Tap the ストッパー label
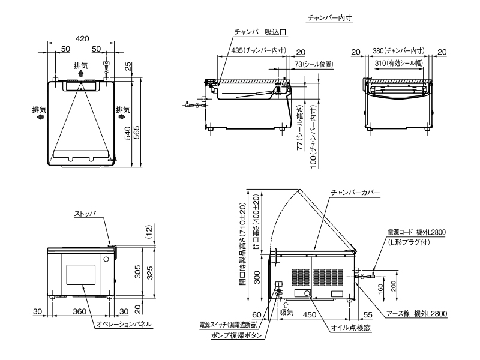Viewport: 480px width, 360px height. click(89, 214)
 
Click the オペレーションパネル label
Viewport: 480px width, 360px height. click(124, 324)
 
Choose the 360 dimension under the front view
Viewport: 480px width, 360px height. click(80, 311)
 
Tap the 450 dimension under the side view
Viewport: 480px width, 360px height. click(310, 314)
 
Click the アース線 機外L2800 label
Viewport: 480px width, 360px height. click(417, 314)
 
